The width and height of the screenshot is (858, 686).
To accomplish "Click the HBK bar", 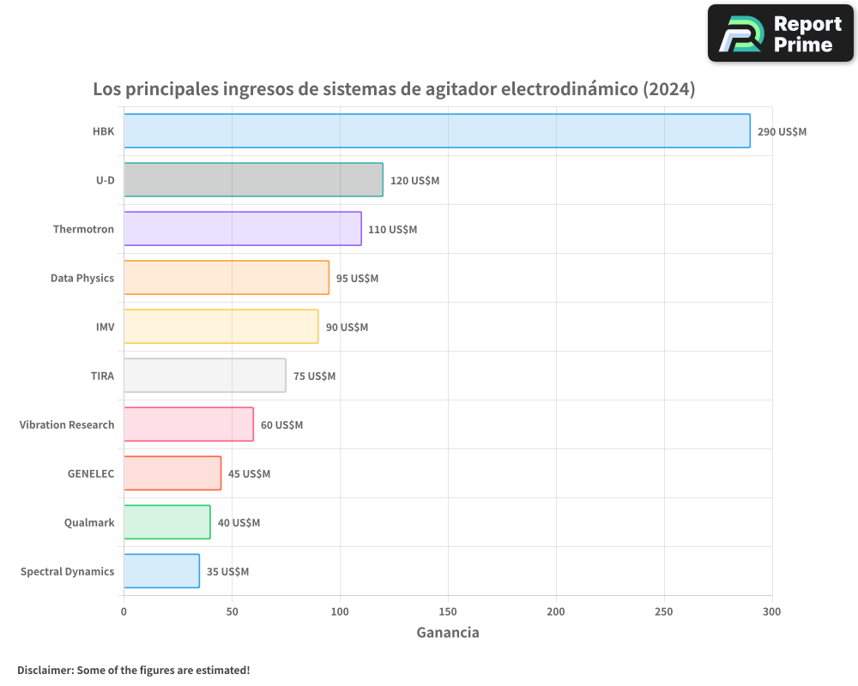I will coord(437,131).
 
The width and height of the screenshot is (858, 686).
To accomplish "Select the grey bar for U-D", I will coord(253,180).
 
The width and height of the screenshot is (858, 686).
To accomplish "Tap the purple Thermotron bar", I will coord(242,229).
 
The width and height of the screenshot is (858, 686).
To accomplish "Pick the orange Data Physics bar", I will coord(227,278).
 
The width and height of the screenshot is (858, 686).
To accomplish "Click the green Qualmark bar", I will coord(166,522).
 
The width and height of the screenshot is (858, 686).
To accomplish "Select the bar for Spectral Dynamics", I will coord(161,571).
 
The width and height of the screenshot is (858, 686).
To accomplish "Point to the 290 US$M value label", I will coord(782,132).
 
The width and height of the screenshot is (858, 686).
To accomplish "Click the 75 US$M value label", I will coord(314,376).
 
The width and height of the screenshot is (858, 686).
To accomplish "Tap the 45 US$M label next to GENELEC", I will coord(249,474).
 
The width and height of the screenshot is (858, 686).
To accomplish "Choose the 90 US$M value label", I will coord(347,328).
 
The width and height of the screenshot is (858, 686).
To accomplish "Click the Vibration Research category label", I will coord(67,425).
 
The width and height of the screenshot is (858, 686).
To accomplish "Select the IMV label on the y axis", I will coord(105,328).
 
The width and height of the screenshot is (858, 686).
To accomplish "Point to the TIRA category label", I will coord(102,376).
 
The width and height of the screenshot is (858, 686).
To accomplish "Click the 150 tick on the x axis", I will coord(448,611).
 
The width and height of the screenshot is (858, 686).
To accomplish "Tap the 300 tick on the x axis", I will coord(772,611).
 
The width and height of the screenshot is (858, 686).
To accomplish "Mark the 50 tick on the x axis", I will coord(232,611).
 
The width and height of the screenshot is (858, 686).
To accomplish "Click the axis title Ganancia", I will coord(448,633).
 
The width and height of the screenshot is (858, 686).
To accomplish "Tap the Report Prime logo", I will coord(781,33).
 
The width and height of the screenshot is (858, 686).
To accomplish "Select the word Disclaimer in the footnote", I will coord(44,671).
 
